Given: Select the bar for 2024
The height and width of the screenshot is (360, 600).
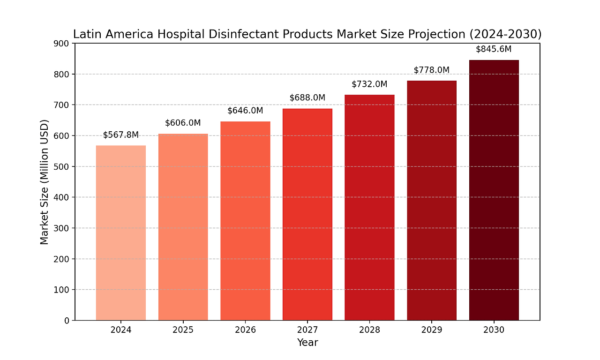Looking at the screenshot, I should [121, 233].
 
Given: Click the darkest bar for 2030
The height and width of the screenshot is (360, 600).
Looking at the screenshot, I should [494, 190].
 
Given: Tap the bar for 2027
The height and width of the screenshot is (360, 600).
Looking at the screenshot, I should [307, 215].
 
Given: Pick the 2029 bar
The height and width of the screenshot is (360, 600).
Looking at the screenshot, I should [432, 201].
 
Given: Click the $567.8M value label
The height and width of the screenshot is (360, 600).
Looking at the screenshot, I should [121, 135].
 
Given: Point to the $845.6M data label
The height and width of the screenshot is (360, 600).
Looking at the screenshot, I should [494, 49].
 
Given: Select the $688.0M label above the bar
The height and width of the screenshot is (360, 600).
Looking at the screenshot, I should [307, 97].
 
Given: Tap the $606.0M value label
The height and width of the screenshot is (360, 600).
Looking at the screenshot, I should [183, 123].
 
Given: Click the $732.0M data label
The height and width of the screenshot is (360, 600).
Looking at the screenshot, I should [369, 84].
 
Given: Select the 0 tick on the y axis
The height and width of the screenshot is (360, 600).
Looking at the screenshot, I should [67, 321].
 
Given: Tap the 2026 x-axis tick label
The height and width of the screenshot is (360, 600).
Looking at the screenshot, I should [245, 330].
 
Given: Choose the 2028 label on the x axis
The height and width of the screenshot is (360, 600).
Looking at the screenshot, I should [369, 330].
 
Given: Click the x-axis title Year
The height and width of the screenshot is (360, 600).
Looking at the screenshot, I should [307, 343].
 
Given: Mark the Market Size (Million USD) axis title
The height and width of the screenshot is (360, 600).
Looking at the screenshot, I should [45, 182].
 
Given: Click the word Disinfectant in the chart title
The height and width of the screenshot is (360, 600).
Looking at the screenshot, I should [236, 34].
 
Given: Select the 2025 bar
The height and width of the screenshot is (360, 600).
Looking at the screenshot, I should [183, 227].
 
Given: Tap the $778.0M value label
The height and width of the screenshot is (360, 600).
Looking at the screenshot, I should [432, 70].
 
